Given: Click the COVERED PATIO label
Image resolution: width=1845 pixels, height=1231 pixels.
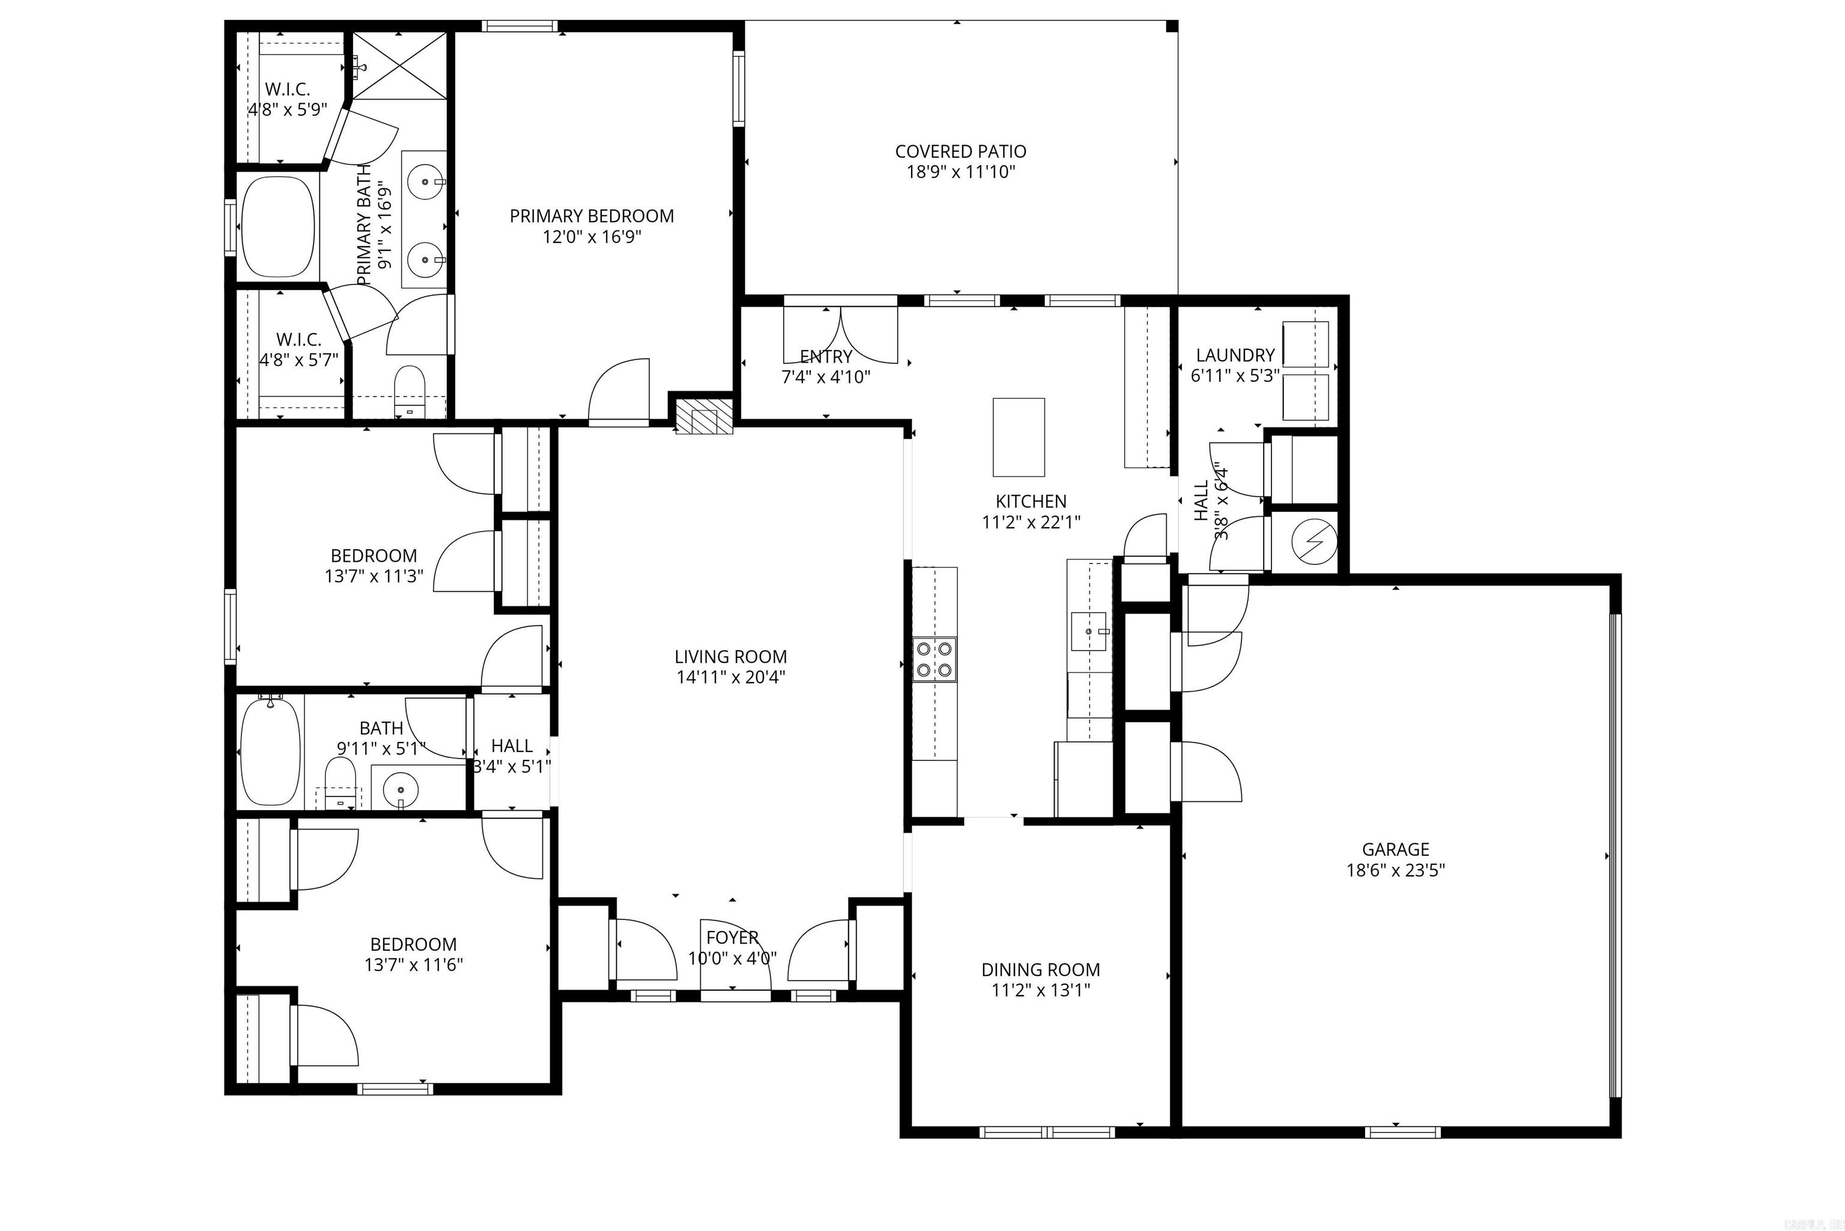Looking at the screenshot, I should click(960, 151).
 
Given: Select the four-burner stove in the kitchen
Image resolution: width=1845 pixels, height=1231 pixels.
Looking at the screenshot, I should click(934, 658).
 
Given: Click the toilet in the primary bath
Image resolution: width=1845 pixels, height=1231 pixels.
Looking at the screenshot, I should click(408, 390).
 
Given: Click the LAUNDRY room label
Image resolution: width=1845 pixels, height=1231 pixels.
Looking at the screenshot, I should click(1235, 355).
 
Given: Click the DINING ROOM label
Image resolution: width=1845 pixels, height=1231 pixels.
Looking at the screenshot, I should click(1040, 969).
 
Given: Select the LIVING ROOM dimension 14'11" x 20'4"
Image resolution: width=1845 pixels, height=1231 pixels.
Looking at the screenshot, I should click(730, 678).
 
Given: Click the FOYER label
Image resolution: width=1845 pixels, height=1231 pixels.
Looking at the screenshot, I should click(732, 938).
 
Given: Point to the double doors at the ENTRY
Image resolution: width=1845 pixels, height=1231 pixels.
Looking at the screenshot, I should click(840, 334).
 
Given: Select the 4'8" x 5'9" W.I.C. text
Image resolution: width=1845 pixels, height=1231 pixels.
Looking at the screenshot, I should click(288, 110).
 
